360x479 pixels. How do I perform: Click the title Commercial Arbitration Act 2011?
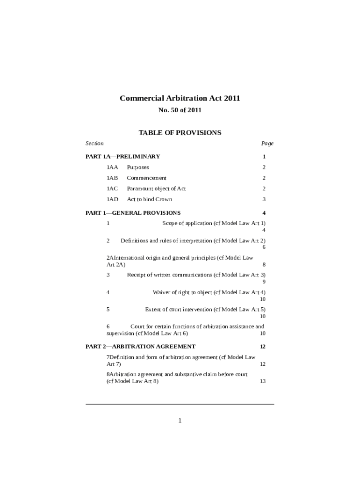[180, 98]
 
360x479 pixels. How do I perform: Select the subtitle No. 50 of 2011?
[180, 110]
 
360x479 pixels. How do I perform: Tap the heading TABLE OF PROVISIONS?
[180, 133]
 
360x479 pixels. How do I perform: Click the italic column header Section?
[94, 143]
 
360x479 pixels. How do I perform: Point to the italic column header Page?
[267, 144]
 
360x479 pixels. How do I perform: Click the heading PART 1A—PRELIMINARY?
[122, 157]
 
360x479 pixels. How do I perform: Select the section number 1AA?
[112, 167]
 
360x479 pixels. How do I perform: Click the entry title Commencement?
[146, 178]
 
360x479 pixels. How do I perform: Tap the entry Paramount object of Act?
[156, 189]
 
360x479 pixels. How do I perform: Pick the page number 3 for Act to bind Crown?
[264, 199]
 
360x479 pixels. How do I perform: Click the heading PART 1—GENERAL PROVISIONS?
[133, 213]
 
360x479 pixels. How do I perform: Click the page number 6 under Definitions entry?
[264, 247]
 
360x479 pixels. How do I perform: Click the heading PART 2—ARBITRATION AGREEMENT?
[140, 347]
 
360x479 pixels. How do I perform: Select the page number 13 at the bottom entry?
[263, 381]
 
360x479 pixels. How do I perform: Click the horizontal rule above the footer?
[180, 404]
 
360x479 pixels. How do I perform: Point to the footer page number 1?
[180, 421]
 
